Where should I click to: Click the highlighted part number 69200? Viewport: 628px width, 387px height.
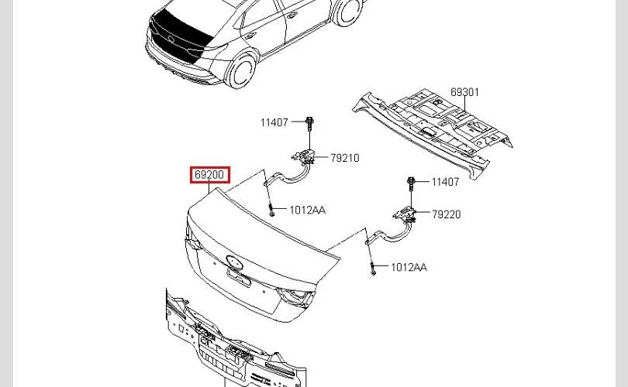209,175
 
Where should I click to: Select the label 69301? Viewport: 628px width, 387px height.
464,92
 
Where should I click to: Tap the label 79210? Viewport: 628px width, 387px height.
345,158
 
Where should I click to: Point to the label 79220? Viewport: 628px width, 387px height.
446,214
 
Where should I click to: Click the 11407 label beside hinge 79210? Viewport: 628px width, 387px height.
274,122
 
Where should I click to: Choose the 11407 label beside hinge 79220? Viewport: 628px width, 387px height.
445,182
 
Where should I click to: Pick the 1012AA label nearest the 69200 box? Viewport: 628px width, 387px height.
307,210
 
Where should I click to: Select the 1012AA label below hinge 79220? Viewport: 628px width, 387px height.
409,267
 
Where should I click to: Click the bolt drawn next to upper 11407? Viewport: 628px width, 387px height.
309,124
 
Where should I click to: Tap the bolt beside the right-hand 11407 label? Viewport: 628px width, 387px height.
410,183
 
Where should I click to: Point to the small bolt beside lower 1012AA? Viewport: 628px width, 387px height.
373,269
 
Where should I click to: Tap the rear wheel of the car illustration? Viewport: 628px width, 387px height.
242,70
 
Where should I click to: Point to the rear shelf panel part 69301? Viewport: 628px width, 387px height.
433,132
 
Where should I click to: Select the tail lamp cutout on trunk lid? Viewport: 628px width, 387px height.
296,296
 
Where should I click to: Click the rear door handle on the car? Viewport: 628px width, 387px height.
250,36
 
